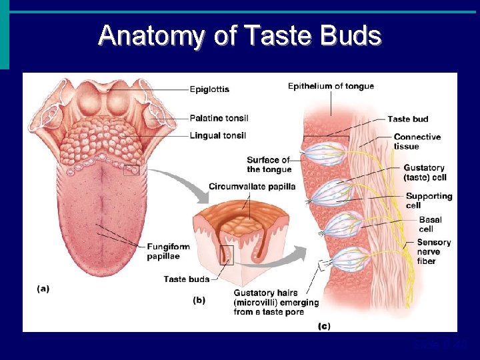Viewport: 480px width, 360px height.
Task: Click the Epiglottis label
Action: pos(209,89)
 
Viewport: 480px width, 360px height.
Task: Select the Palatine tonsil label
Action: pos(219,118)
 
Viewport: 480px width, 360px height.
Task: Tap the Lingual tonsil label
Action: pos(217,135)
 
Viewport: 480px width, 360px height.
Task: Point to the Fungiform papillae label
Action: pos(169,251)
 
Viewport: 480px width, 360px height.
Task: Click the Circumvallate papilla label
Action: pos(252,186)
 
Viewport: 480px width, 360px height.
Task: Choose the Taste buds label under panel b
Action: pos(187,279)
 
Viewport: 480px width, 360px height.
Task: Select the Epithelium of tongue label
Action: pos(331,86)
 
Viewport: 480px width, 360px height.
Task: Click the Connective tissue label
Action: pos(417,141)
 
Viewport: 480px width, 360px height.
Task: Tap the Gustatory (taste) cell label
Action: pos(425,173)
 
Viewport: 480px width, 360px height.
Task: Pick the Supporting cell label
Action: pos(429,201)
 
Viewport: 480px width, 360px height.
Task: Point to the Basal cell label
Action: pos(430,225)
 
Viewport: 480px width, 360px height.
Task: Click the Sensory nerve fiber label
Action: pos(433,251)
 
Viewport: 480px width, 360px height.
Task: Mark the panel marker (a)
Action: pos(43,289)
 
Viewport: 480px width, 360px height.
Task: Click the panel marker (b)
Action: pos(199,300)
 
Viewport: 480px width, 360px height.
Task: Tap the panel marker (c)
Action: pos(323,326)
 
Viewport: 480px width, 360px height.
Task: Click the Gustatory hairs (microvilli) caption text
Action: pos(276,303)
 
